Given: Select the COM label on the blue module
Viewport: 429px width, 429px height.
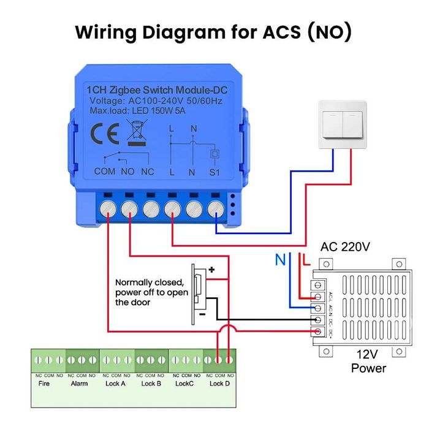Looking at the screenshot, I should pos(105,172).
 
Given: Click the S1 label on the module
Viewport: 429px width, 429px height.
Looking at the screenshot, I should pos(214,172).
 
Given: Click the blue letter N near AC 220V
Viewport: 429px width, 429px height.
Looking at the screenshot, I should pos(280,260).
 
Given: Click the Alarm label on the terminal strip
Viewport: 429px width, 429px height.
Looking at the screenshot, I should pos(80,384).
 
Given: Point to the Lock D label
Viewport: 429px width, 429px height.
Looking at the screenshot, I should pos(220,384).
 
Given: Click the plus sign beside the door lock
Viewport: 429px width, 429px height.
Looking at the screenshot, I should pos(212,269).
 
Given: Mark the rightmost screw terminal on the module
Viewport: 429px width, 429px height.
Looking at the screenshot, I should pos(215,209).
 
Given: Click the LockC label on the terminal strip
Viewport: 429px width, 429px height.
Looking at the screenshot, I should pos(184,384).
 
